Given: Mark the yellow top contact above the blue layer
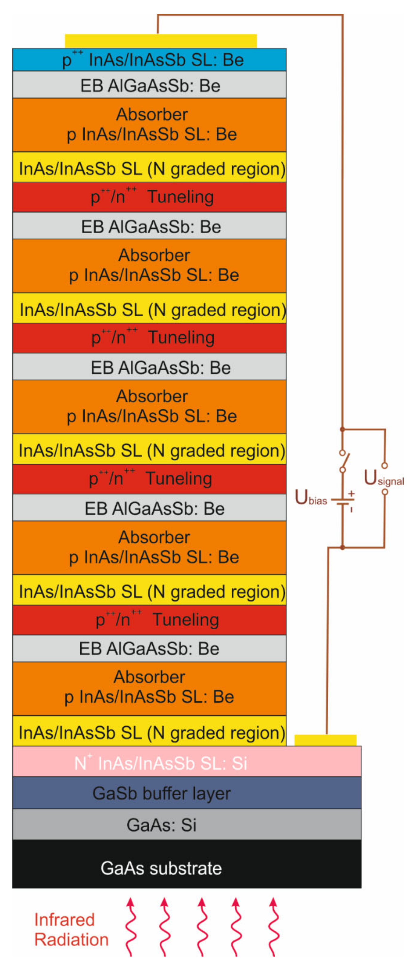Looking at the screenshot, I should point(161,41).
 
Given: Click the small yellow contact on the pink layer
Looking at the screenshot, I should point(325,740).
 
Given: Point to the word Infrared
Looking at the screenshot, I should point(65,920).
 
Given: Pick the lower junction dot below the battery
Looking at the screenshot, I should point(342,548).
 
